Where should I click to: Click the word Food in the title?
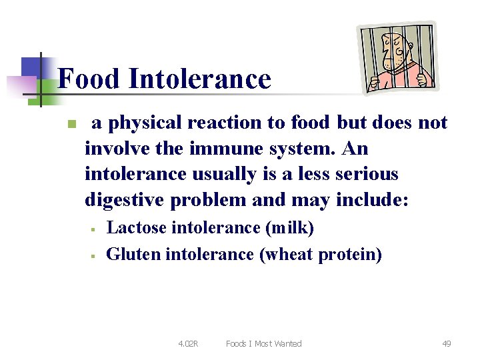point(89,79)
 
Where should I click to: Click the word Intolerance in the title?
point(200,79)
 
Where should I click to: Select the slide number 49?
point(446,344)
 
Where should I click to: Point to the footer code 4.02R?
point(188,344)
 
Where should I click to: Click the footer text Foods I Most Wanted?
point(263,344)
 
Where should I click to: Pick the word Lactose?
point(137,228)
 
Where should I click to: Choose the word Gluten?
point(134,254)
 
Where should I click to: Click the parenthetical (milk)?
point(289,228)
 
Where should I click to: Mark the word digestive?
point(127,200)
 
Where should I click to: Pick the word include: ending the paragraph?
point(373,200)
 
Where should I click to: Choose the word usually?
point(223,174)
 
